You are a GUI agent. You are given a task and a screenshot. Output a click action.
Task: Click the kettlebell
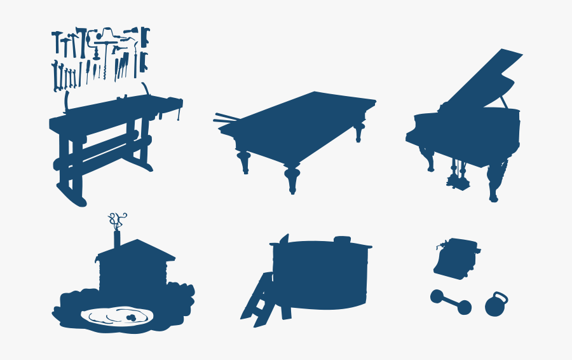click(496, 306)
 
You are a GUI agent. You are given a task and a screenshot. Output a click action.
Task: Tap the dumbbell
click(451, 302)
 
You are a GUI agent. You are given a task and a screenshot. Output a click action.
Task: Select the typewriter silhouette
click(455, 258)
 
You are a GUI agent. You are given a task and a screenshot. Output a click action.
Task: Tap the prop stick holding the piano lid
click(504, 102)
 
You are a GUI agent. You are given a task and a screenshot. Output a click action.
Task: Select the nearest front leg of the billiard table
click(292, 178)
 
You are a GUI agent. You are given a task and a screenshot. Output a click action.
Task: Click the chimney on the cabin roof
click(117, 240)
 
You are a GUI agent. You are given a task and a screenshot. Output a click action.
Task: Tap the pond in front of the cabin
click(118, 316)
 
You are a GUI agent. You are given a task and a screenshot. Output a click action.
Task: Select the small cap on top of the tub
click(342, 239)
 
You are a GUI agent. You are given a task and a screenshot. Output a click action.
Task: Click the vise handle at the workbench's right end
click(179, 112)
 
